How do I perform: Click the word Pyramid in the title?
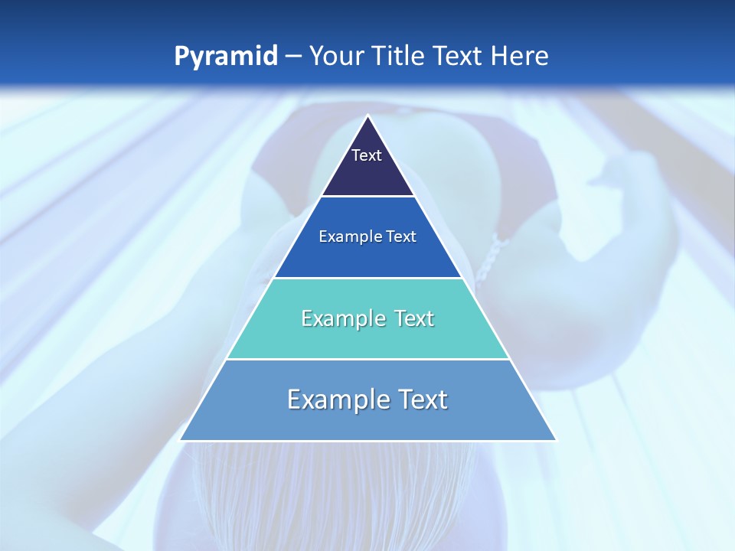(x=226, y=57)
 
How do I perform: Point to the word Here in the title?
(x=520, y=56)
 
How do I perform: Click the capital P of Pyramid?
(x=181, y=56)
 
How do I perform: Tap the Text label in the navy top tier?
(x=367, y=155)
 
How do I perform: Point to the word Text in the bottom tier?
(x=421, y=399)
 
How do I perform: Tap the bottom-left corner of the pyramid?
(x=181, y=440)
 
